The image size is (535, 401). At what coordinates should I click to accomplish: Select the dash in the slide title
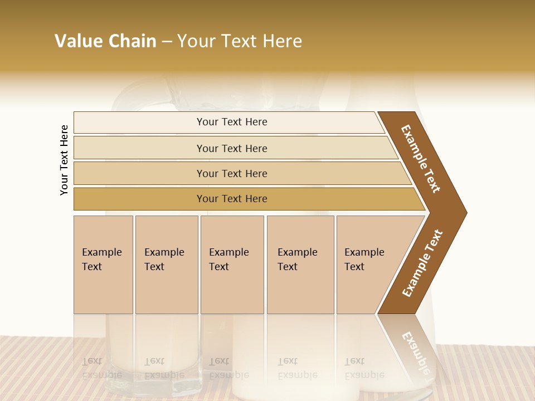tap(167, 42)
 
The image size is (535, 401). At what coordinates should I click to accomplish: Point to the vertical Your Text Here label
tap(64, 160)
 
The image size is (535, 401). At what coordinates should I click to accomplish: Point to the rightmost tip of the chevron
tap(465, 212)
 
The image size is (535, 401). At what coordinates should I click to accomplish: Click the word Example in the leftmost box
tap(101, 252)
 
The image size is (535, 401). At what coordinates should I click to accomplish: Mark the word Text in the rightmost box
tap(354, 267)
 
